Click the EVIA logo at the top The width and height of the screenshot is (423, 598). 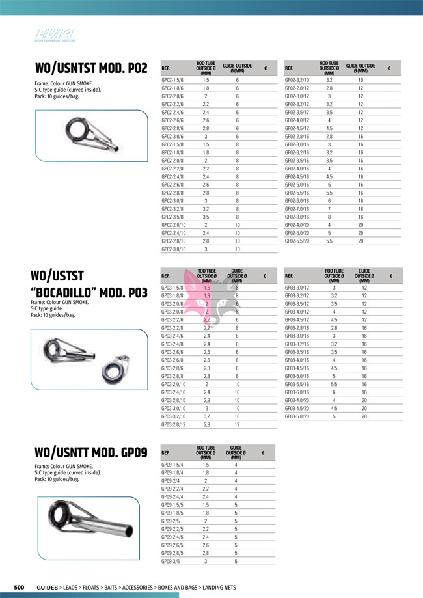[x=55, y=35]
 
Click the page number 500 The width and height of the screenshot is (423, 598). [x=20, y=588]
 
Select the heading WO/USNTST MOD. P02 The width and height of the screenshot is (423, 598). [x=91, y=68]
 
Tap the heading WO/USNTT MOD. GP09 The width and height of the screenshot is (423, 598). [x=90, y=453]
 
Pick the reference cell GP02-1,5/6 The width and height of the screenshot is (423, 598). [x=172, y=80]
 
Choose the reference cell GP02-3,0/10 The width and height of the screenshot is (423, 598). [x=174, y=249]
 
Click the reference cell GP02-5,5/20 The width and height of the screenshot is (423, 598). [x=298, y=241]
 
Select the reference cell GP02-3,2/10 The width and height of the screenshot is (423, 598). [x=298, y=80]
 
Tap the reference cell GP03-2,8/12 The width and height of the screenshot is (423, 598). [x=174, y=424]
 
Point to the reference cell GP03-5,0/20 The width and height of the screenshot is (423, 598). [x=298, y=416]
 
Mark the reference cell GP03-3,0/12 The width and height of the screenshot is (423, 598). [x=298, y=288]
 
